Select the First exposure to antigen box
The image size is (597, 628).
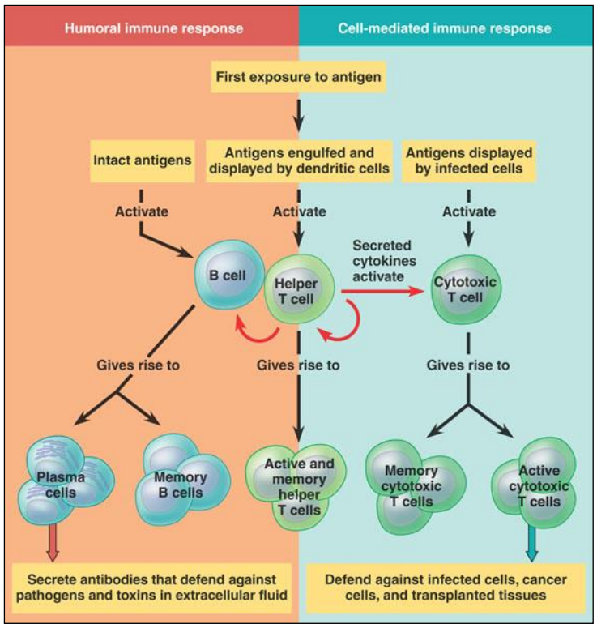tap(298, 78)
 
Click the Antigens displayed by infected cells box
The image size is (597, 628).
tap(468, 160)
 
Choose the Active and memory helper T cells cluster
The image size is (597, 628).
tap(298, 486)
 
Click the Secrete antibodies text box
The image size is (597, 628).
tap(152, 587)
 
